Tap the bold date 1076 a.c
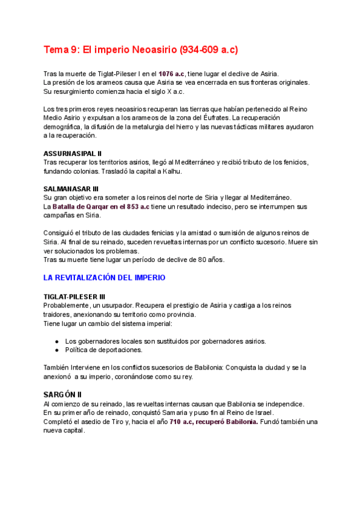click(172, 73)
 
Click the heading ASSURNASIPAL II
click(73, 153)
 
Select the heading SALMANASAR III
click(71, 189)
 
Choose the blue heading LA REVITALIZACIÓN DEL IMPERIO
click(105, 278)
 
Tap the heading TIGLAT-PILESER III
click(75, 296)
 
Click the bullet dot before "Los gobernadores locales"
click(57, 341)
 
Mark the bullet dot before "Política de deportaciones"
click(57, 350)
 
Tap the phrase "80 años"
click(211, 260)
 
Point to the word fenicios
click(295, 162)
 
